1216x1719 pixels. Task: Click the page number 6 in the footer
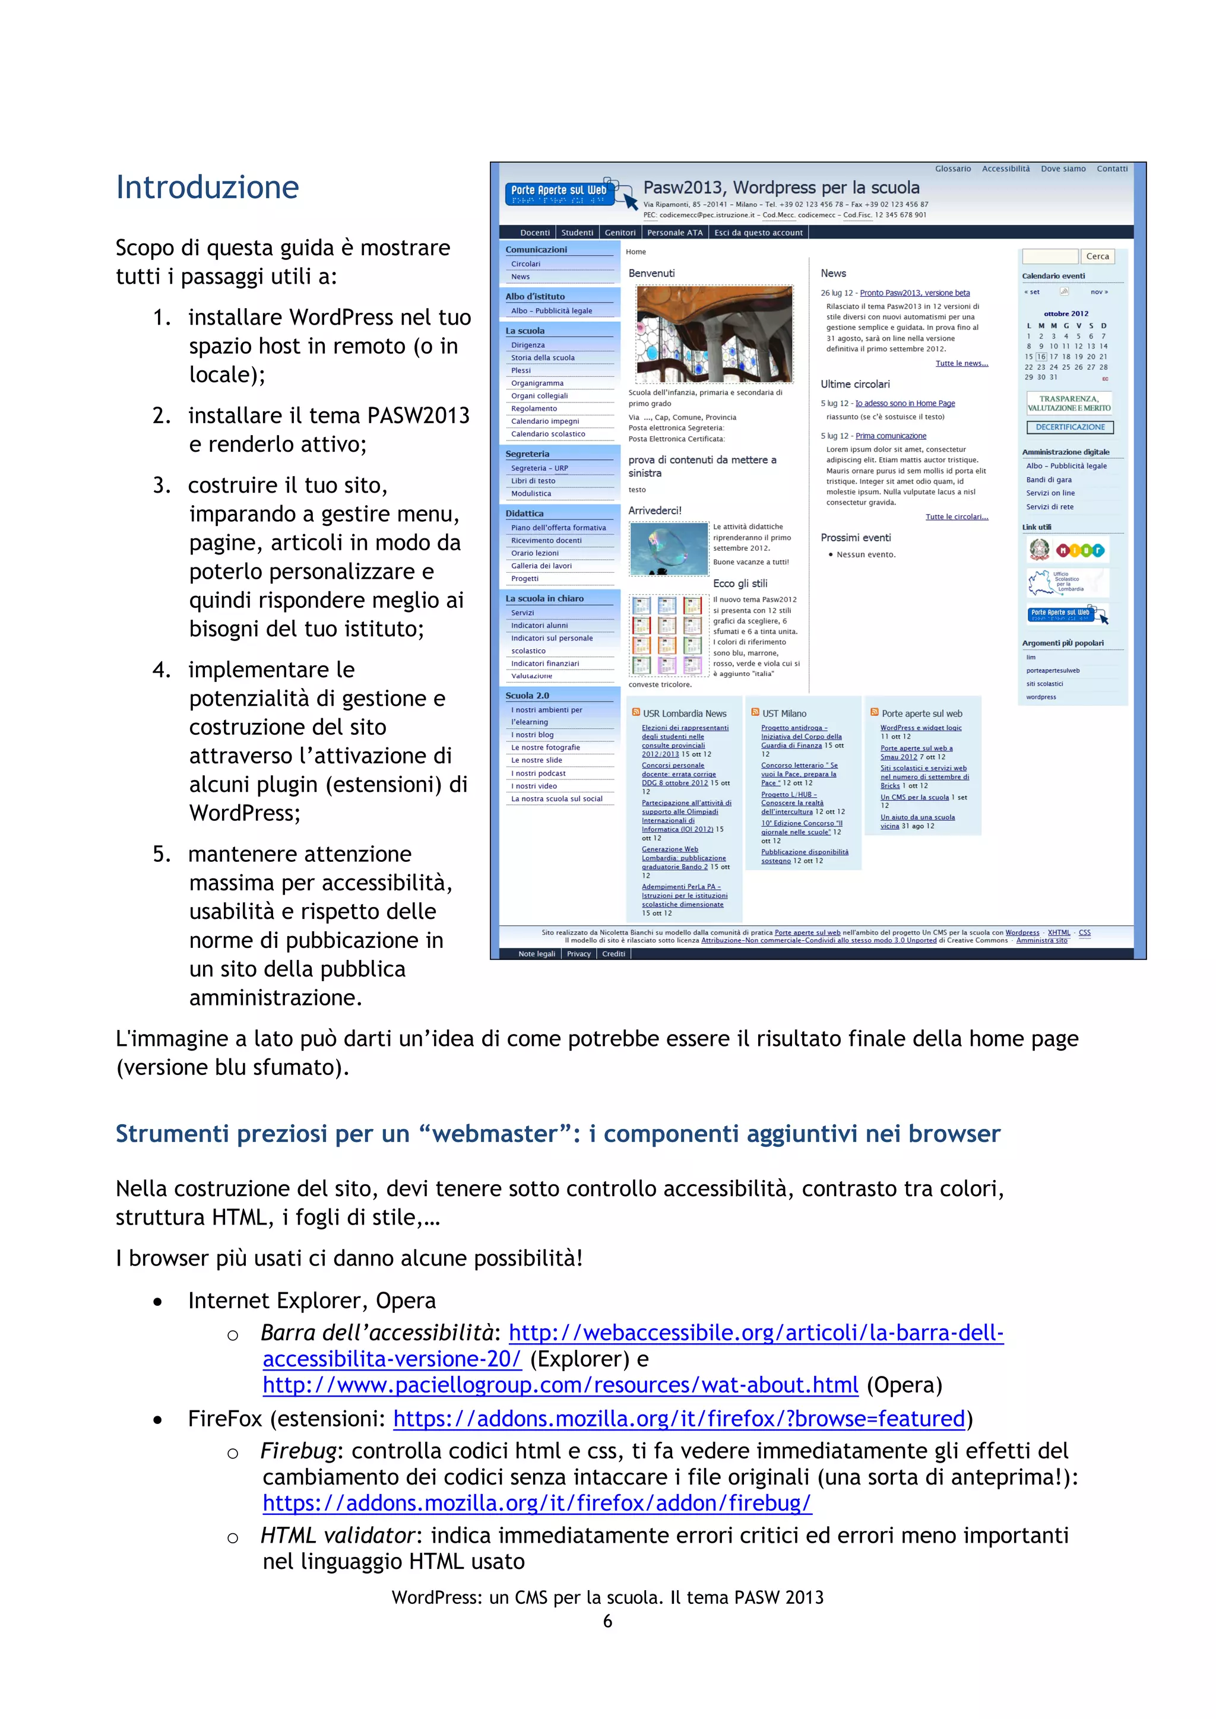tap(607, 1621)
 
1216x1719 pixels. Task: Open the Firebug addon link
tap(537, 1502)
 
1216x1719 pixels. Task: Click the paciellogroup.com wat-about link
tap(560, 1385)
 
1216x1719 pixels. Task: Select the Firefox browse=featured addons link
tap(679, 1419)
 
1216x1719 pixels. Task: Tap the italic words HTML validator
tap(337, 1536)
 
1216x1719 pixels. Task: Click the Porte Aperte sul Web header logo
tap(559, 192)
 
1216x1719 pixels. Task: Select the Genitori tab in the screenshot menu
tap(620, 233)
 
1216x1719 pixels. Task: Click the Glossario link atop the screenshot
tap(952, 169)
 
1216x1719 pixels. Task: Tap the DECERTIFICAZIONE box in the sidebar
tap(1070, 427)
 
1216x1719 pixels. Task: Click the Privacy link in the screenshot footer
tap(578, 954)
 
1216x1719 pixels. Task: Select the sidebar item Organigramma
tap(537, 383)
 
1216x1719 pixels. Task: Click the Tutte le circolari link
tap(956, 516)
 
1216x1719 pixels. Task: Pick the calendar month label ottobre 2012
tap(1066, 313)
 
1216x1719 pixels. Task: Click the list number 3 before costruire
tap(161, 485)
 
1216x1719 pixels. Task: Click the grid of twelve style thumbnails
tap(667, 635)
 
